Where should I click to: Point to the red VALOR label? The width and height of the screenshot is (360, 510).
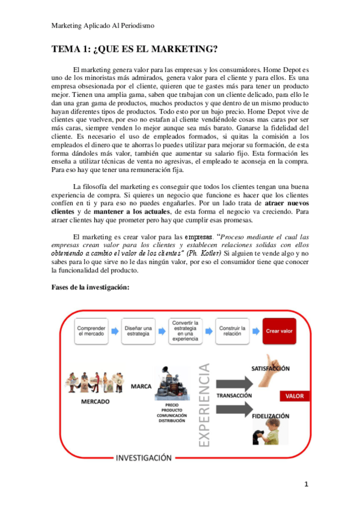(x=294, y=396)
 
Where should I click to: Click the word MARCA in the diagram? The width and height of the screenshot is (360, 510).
(x=141, y=386)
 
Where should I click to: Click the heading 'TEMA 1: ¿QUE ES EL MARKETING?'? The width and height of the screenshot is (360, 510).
(x=135, y=49)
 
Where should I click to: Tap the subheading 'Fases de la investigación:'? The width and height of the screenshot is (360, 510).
(x=90, y=288)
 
